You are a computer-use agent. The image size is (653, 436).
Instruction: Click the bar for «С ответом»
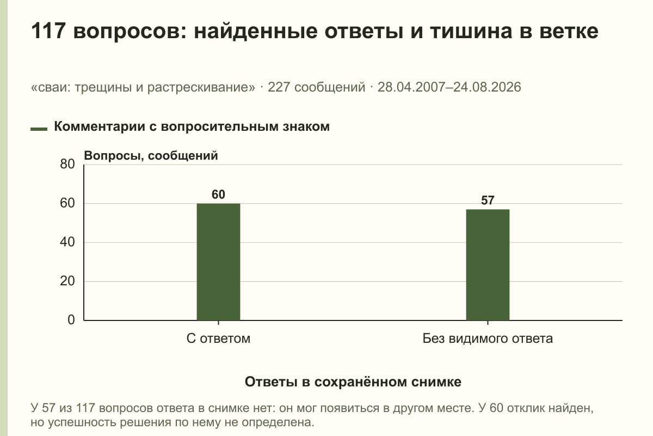218,262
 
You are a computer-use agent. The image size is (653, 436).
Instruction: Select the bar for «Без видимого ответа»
488,265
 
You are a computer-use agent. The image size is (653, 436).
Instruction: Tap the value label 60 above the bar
218,195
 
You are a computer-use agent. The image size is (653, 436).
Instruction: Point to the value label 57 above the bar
488,201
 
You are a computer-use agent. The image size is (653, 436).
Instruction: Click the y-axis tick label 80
67,164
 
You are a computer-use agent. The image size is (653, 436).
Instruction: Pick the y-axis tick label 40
67,242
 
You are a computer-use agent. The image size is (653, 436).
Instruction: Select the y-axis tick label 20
67,281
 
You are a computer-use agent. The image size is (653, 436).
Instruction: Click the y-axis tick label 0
71,320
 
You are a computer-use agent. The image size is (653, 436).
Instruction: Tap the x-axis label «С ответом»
218,338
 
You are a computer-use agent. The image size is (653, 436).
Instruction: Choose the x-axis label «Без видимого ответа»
488,338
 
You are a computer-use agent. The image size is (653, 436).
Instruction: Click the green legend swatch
39,129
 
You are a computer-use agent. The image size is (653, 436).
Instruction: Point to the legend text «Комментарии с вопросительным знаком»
192,127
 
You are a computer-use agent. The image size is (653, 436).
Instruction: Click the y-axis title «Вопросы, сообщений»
151,156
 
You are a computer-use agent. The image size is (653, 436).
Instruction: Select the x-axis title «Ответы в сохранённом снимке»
353,382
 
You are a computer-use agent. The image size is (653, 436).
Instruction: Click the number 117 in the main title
47,31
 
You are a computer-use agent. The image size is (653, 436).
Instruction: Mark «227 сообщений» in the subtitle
316,87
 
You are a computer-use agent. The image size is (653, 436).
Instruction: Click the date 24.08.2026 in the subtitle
487,87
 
